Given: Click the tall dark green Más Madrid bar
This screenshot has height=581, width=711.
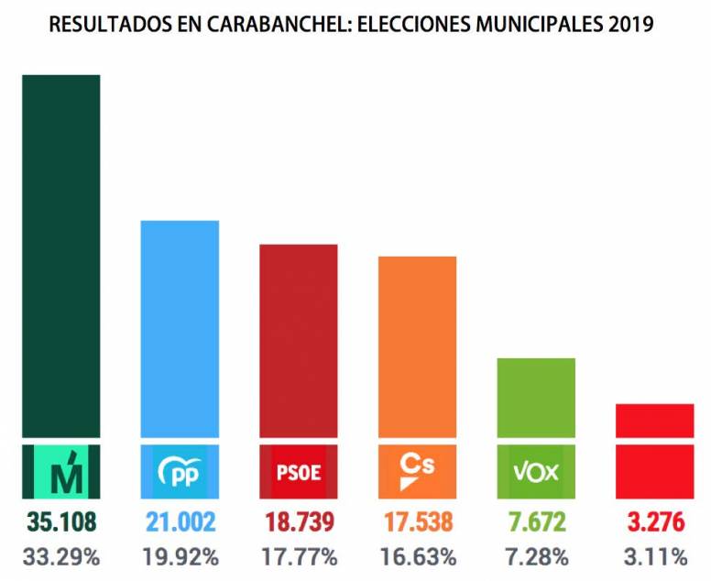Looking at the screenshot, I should pyautogui.click(x=61, y=257).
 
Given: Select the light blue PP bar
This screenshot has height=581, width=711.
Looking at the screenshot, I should pyautogui.click(x=180, y=330).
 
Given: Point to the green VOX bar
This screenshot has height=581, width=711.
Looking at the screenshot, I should pyautogui.click(x=536, y=398).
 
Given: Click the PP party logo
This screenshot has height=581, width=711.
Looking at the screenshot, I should pyautogui.click(x=180, y=471).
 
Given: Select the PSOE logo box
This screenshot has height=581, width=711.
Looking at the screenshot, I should pyautogui.click(x=299, y=471).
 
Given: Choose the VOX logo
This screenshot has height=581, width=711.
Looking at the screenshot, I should pyautogui.click(x=536, y=471).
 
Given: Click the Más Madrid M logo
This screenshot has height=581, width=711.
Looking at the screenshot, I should pyautogui.click(x=61, y=471).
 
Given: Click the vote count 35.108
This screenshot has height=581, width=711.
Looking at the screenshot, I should pyautogui.click(x=61, y=522).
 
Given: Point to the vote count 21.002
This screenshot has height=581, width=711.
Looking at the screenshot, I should pyautogui.click(x=180, y=522).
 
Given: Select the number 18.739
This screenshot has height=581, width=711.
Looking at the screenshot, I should pyautogui.click(x=299, y=522).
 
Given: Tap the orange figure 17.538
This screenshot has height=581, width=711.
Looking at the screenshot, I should pyautogui.click(x=417, y=522).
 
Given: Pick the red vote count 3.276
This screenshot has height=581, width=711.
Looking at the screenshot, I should pyautogui.click(x=654, y=522).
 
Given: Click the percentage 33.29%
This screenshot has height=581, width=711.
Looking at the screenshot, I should pyautogui.click(x=61, y=556).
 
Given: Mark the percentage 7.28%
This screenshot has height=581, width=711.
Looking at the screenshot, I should pyautogui.click(x=536, y=556).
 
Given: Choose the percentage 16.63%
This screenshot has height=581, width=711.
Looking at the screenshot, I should pyautogui.click(x=417, y=556).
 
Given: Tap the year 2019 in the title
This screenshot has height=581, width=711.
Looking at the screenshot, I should pyautogui.click(x=630, y=25).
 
